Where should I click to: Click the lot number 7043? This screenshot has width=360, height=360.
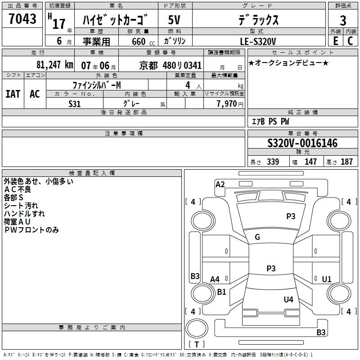coord(22,18)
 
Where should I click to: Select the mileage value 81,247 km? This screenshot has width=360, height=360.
coord(55,65)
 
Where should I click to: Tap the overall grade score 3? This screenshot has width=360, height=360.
coord(343,20)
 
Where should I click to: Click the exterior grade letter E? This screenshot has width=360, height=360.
coord(335,41)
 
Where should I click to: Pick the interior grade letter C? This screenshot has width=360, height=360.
coord(350,41)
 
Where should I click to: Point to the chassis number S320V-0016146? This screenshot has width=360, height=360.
coord(302,143)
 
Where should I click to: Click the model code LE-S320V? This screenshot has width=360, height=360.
coord(258,41)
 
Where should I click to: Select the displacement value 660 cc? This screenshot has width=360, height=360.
coord(143,41)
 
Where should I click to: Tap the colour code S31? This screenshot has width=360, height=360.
coord(74,104)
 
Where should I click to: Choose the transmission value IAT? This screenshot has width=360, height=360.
coord(13,94)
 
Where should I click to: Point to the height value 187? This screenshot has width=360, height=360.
coord(346,162)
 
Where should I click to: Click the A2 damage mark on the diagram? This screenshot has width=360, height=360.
coord(220,184)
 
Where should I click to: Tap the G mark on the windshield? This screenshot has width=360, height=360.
coord(257,237)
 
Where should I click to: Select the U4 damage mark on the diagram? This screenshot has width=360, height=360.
coord(288,299)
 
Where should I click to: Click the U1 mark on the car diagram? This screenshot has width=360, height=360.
coord(327,279)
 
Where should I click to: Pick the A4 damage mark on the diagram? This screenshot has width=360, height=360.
coord(215,279)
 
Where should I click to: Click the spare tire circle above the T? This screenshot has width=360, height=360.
coord(197,328)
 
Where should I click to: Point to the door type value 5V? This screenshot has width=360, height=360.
coord(174,20)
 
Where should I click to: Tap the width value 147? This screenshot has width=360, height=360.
coord(310,162)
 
